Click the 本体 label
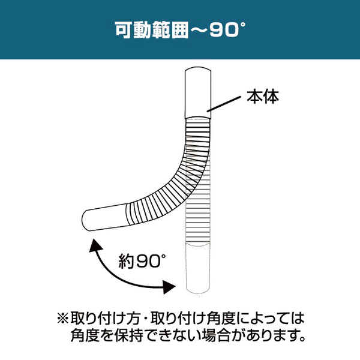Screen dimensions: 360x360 click(263, 97)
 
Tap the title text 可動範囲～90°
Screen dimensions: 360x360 click(180, 30)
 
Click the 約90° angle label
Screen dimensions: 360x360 click(142, 261)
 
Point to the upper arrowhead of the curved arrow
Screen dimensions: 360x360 click(95, 245)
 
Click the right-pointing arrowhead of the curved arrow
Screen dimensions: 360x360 click(169, 287)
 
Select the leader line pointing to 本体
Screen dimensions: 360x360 click(224, 104)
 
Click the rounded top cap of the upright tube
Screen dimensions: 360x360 click(198, 70)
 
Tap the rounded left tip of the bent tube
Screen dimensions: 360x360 click(84, 220)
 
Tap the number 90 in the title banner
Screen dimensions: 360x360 click(224, 31)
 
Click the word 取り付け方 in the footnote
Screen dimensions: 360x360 click(105, 319)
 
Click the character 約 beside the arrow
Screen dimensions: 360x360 click(126, 261)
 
